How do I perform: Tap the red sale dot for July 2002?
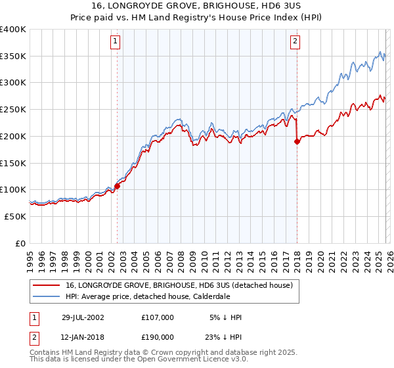click(118, 186)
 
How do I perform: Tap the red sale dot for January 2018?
click(297, 141)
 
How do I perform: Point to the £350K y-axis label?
click(13, 57)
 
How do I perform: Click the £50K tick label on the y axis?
click(14, 216)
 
